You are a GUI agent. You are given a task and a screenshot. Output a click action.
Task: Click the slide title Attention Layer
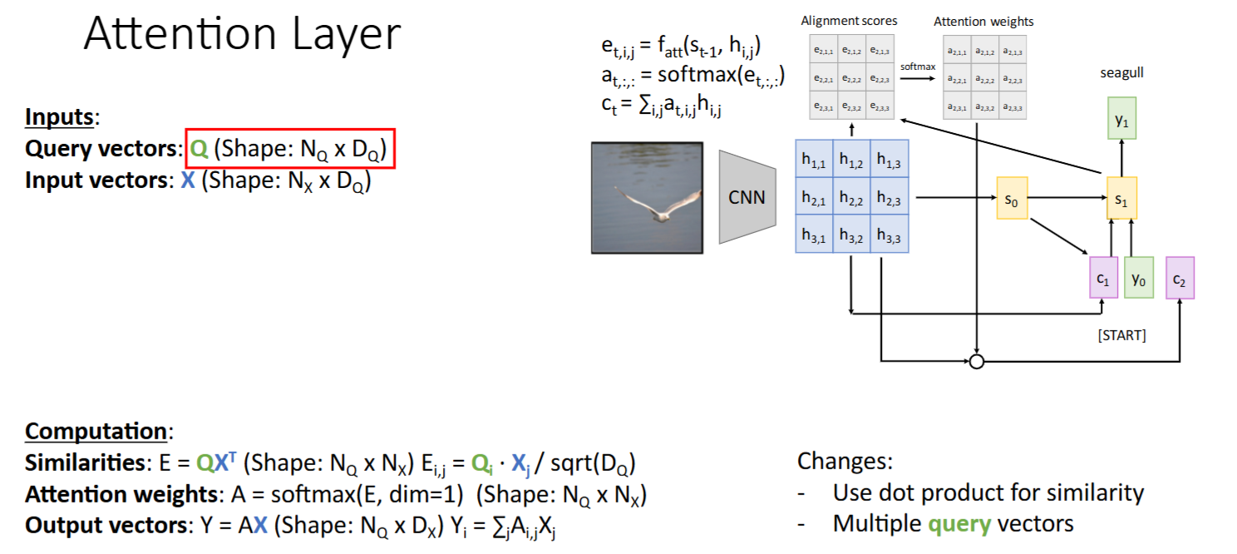(242, 35)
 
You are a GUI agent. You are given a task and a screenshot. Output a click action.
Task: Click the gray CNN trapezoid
(747, 198)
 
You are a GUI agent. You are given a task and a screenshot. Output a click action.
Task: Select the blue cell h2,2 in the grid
(852, 198)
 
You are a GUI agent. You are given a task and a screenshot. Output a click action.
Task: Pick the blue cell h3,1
(815, 235)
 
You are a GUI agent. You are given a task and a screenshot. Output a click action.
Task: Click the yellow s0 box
(1011, 199)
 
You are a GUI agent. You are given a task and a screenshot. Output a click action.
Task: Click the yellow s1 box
(1121, 199)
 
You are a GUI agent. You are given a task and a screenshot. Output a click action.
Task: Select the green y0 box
(1139, 278)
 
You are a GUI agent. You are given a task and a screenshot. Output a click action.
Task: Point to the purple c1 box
(1103, 278)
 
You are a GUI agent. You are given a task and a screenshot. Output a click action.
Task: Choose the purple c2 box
(1180, 278)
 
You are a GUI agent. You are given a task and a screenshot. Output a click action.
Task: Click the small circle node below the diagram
(977, 361)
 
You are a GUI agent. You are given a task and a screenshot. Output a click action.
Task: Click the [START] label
(1121, 335)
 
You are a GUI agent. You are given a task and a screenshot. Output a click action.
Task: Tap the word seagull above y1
(1121, 73)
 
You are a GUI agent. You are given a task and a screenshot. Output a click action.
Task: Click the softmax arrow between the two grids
(917, 78)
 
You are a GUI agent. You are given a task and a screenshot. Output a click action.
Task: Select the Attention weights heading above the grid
(983, 21)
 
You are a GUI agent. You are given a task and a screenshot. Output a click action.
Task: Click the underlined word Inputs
(60, 117)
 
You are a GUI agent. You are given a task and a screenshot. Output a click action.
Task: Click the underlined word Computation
(96, 432)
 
